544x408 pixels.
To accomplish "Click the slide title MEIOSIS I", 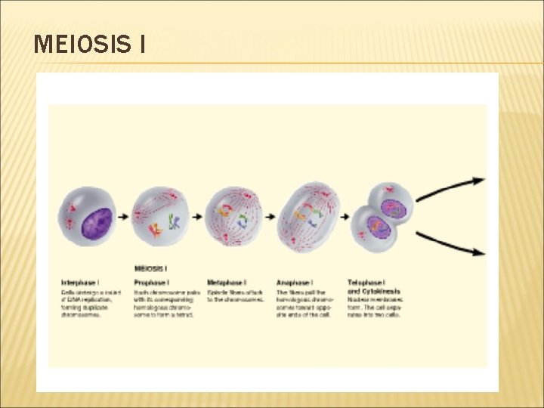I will point(90,45).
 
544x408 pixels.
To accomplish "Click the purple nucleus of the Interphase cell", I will point(96,223).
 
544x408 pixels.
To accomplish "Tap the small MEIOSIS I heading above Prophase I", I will point(150,268).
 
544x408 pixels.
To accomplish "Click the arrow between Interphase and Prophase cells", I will point(124,217).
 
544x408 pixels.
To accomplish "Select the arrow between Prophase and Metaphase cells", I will point(197,217).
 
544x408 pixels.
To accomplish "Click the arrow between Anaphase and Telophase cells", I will point(345,217).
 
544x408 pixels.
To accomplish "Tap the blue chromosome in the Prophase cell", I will point(174,222).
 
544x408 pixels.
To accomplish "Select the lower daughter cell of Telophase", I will point(374,228).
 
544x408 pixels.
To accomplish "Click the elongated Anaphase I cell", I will point(309,217).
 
